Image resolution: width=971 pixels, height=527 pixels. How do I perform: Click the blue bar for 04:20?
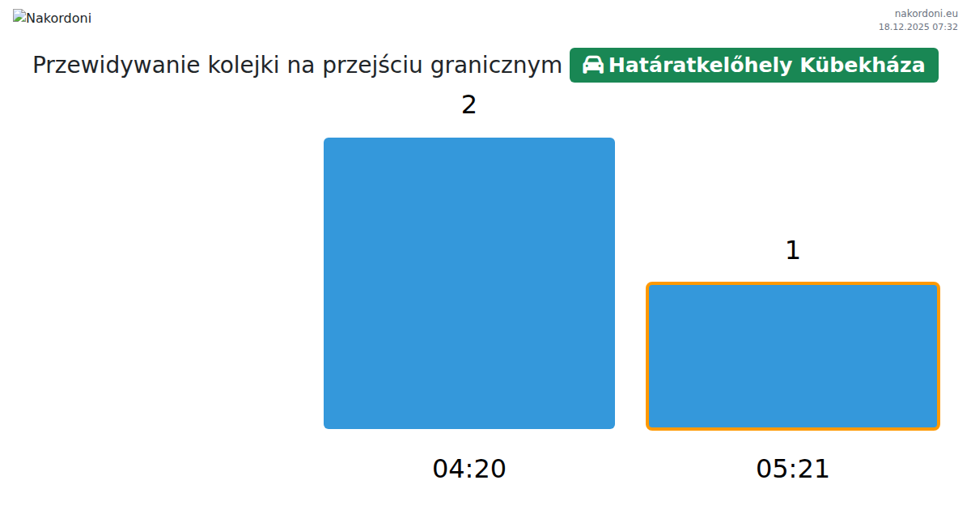click(x=469, y=283)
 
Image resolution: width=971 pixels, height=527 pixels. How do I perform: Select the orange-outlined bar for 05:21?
click(x=792, y=356)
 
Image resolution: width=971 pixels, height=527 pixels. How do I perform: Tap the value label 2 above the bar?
click(x=469, y=105)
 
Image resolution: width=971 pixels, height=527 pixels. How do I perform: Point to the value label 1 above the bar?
click(x=792, y=250)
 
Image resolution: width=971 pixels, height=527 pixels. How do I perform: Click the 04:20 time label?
click(x=469, y=469)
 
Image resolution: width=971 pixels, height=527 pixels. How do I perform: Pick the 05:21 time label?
click(x=792, y=469)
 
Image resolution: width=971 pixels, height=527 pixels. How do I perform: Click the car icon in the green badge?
click(x=592, y=65)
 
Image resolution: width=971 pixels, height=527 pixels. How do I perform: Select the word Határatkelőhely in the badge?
click(x=701, y=65)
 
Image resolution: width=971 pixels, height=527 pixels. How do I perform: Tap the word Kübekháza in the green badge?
click(x=863, y=65)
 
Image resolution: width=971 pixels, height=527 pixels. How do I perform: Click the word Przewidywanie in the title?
click(x=117, y=65)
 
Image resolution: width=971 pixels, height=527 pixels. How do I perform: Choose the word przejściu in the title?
click(x=372, y=65)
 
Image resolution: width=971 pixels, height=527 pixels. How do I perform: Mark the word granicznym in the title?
click(x=496, y=66)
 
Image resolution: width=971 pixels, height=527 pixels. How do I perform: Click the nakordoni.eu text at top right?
click(x=926, y=14)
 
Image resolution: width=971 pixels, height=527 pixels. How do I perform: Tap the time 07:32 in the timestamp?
click(x=945, y=27)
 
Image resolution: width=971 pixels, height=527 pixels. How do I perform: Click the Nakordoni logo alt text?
click(x=58, y=19)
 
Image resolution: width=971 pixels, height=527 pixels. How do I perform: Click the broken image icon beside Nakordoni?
click(x=19, y=16)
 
